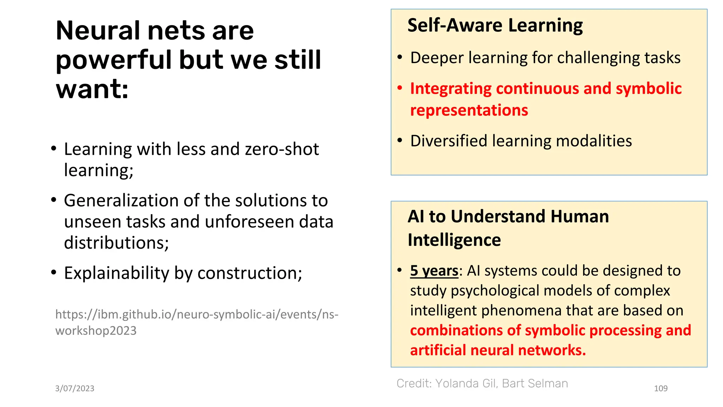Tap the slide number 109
661,388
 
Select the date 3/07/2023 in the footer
74,388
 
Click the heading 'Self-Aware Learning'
495,25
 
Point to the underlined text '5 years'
434,271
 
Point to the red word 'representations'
469,110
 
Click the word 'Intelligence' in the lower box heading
454,240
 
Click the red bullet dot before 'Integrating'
400,88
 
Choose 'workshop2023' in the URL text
96,331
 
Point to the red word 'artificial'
437,350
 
